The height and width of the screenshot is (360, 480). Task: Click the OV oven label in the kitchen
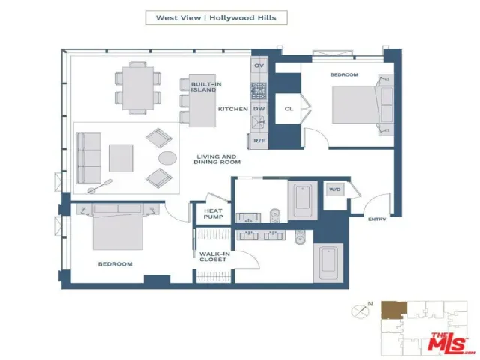pos(259,65)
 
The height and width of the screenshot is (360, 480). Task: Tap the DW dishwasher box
pos(259,109)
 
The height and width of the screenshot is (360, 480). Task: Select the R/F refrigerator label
pos(259,141)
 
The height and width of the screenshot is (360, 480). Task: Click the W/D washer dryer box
pos(335,190)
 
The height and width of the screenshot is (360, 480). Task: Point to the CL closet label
pos(289,108)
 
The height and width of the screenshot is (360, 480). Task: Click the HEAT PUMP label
pos(213,214)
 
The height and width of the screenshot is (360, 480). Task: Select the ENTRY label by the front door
pos(376,219)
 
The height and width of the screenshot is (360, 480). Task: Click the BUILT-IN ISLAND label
pos(204,87)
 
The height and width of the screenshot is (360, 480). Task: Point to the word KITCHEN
pos(233,109)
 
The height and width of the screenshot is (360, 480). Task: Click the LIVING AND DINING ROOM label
pos(217,160)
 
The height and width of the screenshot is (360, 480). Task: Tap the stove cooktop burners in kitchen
pos(259,91)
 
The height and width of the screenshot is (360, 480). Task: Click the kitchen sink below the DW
pos(259,123)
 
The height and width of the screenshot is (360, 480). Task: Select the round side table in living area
pos(167,158)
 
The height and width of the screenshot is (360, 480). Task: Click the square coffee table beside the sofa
pos(121,158)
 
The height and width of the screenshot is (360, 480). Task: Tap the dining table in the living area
pos(138,88)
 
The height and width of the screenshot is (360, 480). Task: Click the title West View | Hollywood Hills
pos(216,17)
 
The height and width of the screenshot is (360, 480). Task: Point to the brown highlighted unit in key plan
pos(394,310)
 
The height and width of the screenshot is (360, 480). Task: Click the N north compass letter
pos(370,304)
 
